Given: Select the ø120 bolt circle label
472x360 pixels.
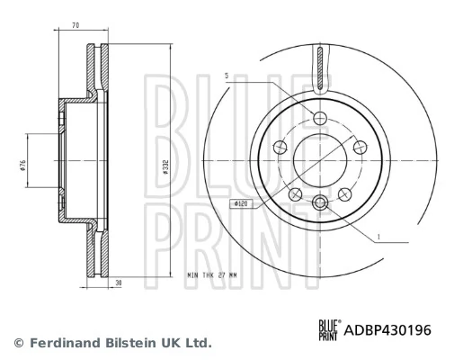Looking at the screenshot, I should pos(241,205).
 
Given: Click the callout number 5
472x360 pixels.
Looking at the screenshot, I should pos(227,76).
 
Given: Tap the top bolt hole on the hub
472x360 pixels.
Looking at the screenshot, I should pos(321,117).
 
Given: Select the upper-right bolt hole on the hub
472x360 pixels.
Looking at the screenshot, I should pos(360,147).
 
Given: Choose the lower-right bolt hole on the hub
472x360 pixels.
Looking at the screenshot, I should pos(345,193).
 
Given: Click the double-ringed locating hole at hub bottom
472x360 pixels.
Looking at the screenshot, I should pos(321,202).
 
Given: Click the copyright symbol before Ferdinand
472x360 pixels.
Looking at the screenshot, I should pos(19,343).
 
